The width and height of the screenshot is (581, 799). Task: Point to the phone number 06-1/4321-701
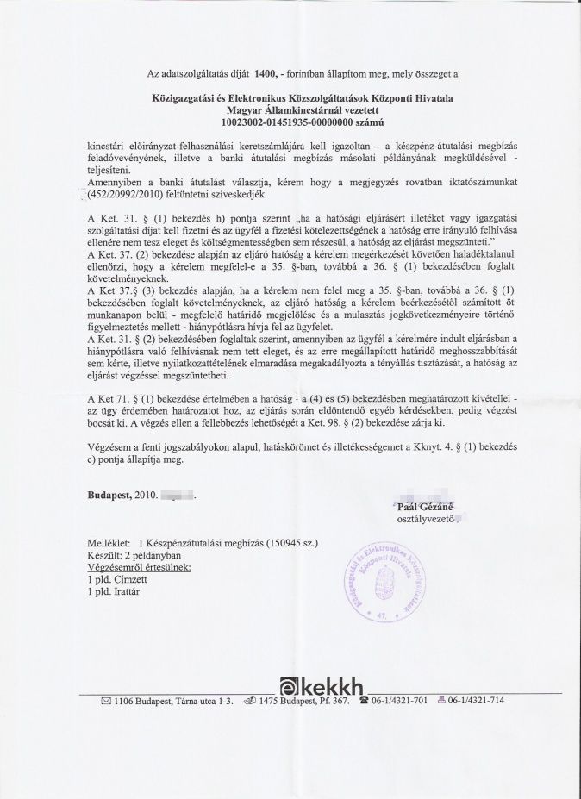tap(400, 702)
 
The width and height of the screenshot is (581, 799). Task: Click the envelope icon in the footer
tap(106, 702)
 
